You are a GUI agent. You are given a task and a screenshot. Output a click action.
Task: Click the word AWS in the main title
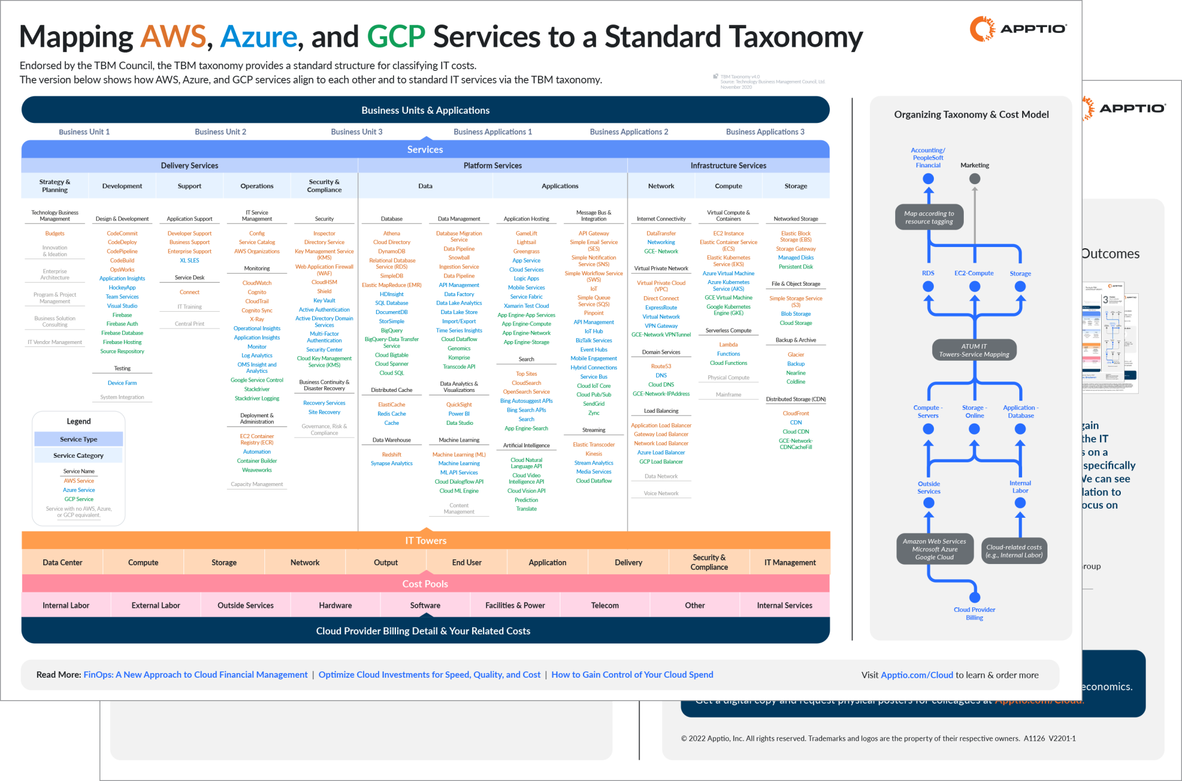173,37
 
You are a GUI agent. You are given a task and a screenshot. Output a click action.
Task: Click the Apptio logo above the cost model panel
1018,29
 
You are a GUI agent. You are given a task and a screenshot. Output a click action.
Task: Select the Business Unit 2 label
220,132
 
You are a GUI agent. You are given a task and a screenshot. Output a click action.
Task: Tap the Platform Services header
492,166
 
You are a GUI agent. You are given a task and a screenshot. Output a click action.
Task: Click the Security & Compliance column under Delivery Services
324,186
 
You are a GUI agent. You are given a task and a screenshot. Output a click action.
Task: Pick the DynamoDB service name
391,251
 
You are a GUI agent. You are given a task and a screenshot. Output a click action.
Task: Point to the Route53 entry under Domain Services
661,366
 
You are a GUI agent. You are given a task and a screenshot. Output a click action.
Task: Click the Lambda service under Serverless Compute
728,345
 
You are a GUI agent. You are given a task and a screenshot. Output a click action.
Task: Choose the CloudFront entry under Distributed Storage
795,413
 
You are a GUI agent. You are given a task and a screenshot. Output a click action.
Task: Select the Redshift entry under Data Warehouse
391,454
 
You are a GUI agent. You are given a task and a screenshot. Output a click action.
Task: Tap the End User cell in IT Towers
466,562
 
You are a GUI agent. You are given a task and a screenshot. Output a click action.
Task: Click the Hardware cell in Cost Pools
335,606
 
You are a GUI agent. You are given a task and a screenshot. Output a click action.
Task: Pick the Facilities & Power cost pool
515,606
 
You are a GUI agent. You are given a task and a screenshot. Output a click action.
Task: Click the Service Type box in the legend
78,439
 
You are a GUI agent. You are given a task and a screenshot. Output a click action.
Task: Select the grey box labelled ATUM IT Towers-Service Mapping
974,350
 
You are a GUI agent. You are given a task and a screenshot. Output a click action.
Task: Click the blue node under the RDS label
928,286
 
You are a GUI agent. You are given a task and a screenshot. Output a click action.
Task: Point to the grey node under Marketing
975,179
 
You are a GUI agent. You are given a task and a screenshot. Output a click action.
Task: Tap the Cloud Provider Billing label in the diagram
974,614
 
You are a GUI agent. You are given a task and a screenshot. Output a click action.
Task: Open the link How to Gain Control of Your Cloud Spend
632,675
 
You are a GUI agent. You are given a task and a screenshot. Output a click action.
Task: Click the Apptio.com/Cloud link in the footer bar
917,675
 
